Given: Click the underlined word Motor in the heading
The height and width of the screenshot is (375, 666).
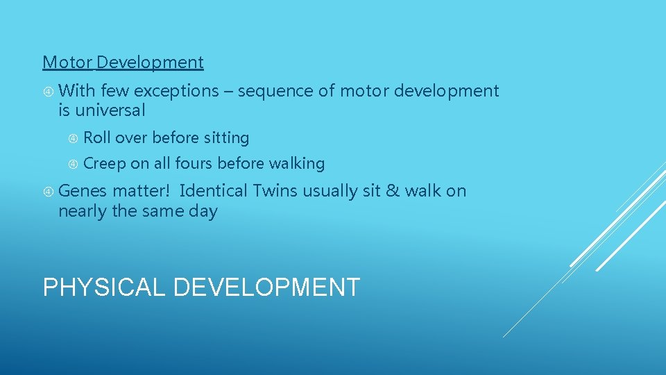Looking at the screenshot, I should point(67,62).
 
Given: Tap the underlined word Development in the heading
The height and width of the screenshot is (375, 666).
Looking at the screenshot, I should point(150,62).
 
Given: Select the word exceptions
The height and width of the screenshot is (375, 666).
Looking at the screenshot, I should point(176,91).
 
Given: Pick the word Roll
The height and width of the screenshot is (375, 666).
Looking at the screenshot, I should point(96,138).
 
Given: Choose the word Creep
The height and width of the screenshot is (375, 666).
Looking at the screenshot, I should point(103,164).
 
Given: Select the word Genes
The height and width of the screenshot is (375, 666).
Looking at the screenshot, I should point(83,191).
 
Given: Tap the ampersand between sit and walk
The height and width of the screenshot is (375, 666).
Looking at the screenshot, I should point(393,191).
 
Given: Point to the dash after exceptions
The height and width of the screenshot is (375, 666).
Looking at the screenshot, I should point(228,92).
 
